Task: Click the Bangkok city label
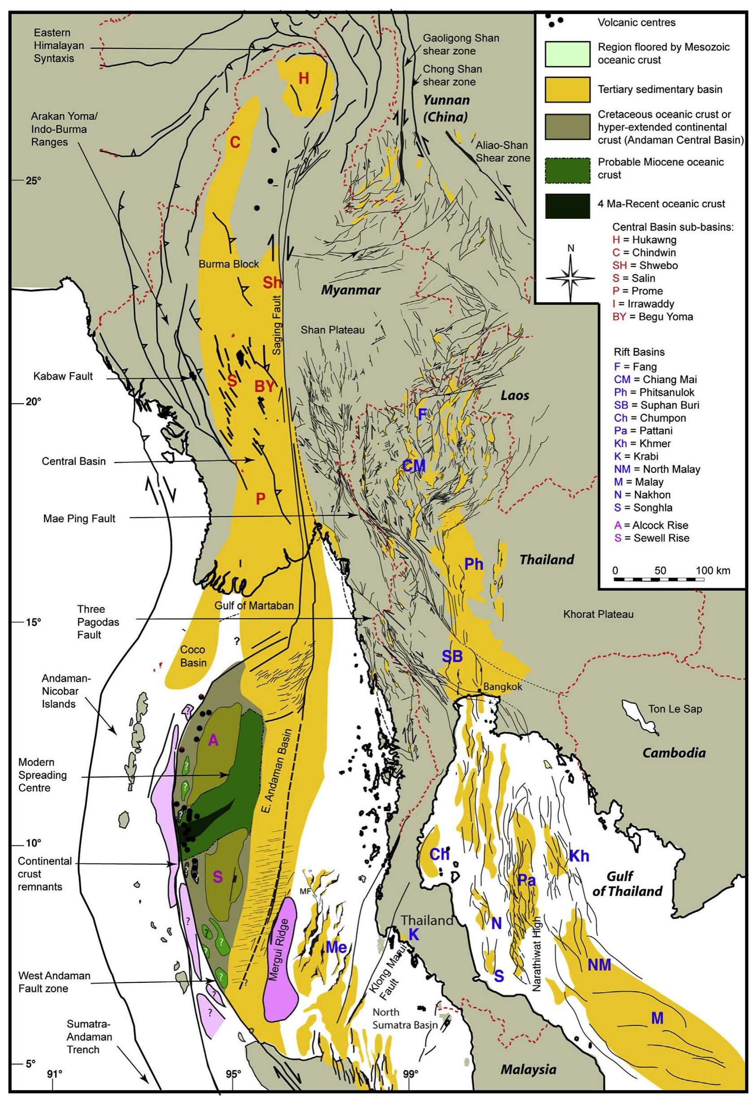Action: pyautogui.click(x=502, y=687)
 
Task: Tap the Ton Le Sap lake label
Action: pyautogui.click(x=675, y=709)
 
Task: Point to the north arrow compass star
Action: pyautogui.click(x=570, y=278)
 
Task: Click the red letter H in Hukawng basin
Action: pyautogui.click(x=304, y=78)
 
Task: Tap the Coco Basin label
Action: pyautogui.click(x=193, y=656)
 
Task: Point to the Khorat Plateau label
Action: pyautogui.click(x=598, y=614)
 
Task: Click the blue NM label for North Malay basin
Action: pyautogui.click(x=599, y=965)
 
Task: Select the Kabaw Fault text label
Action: pyautogui.click(x=63, y=376)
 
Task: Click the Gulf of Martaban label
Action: pyautogui.click(x=253, y=606)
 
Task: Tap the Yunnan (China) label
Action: pyautogui.click(x=446, y=108)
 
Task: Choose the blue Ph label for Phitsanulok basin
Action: pyautogui.click(x=473, y=564)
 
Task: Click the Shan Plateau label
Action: pyautogui.click(x=333, y=329)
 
